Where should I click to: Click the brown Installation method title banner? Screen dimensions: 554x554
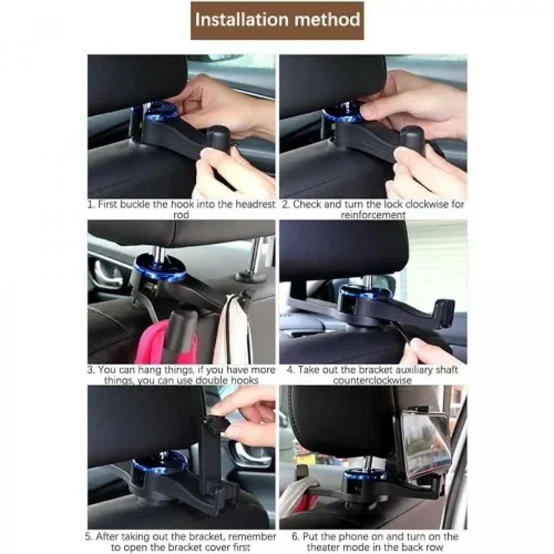point(277,20)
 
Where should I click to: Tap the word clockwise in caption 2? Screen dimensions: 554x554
point(417,205)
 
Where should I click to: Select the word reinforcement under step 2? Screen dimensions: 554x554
point(373,215)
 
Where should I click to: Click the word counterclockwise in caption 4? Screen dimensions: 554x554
point(373,380)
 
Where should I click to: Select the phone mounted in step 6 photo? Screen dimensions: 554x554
point(422,443)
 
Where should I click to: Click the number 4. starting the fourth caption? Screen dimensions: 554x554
point(291,370)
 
